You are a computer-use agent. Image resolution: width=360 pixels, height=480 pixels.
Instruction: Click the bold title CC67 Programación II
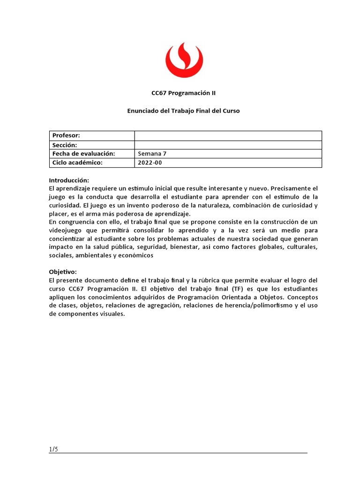click(184, 93)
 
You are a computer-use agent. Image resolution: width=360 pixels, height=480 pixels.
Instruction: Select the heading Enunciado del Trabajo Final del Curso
click(184, 111)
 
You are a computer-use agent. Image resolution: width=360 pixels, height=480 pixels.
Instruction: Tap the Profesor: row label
click(66, 135)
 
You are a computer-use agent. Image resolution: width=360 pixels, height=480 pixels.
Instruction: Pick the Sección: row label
click(65, 145)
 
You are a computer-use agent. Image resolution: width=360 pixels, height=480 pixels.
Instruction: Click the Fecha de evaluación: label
click(83, 154)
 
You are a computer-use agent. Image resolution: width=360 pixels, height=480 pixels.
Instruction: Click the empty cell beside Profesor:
click(228, 135)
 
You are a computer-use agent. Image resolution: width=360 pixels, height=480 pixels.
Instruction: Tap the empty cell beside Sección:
click(228, 145)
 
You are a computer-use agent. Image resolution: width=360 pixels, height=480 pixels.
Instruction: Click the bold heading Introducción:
click(69, 180)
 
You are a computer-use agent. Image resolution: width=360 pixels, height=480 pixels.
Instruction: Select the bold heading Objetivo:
click(63, 271)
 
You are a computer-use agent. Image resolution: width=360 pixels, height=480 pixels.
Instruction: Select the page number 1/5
click(53, 450)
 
